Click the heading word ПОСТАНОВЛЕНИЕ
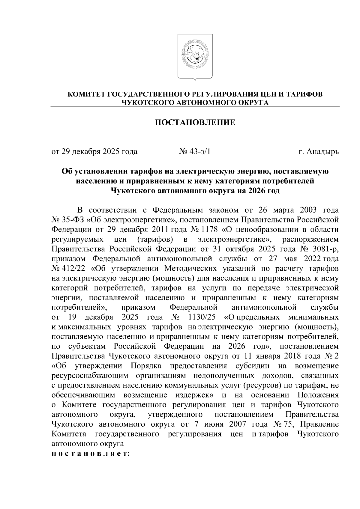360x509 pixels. click(195, 123)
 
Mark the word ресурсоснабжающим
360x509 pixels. click(90, 376)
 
